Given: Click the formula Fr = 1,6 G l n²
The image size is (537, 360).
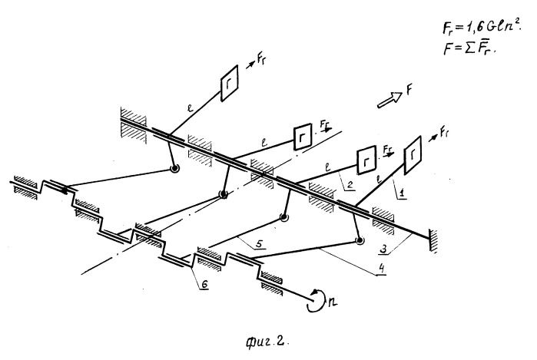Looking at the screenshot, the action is point(481,26).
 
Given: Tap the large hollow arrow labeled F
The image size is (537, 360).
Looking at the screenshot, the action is point(389,100).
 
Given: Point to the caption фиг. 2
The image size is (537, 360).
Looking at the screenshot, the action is point(267,341).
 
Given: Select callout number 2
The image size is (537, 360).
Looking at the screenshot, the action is point(350,185).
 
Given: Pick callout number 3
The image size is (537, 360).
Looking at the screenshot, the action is point(384,249).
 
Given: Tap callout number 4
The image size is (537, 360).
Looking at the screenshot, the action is point(381,269).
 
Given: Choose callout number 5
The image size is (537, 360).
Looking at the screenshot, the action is point(259,243).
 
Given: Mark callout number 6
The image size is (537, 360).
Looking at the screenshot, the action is point(204,284).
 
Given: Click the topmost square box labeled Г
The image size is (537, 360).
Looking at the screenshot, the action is point(230,83).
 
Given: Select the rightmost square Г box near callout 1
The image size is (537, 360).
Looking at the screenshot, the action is point(413,155).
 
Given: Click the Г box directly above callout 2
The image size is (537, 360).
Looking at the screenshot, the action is point(366,160).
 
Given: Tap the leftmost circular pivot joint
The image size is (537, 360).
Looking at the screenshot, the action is point(174,168).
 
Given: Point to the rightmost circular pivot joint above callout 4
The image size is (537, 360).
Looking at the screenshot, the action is point(360,240).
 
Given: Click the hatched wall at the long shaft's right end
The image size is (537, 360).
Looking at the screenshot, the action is point(433,240).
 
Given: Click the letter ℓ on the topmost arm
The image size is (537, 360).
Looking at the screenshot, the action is point(190,108).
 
